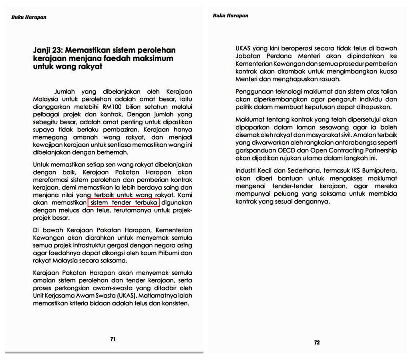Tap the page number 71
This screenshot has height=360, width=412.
pyautogui.click(x=113, y=339)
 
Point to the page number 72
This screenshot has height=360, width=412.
pyautogui.click(x=317, y=342)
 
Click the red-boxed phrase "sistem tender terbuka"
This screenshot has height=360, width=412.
pyautogui.click(x=124, y=203)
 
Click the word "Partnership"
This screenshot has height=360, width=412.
pyautogui.click(x=377, y=151)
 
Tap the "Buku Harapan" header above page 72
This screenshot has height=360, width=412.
pyautogui.click(x=231, y=16)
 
